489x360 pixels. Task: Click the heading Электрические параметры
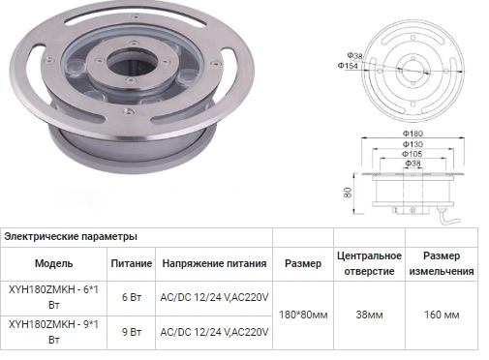(x=71, y=236)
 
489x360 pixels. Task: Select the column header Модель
(x=53, y=263)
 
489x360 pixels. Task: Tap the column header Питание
(x=130, y=263)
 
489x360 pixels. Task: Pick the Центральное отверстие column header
(x=368, y=263)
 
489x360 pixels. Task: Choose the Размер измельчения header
(x=448, y=263)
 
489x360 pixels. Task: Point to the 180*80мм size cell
(x=302, y=315)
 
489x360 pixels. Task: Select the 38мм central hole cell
(x=368, y=315)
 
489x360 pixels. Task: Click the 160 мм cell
(x=448, y=315)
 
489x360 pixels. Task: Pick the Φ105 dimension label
(x=413, y=155)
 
